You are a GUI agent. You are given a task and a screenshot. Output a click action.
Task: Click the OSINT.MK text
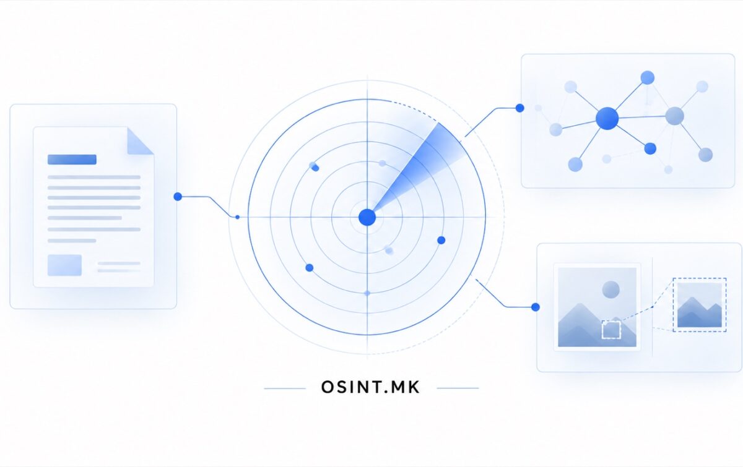coord(370,387)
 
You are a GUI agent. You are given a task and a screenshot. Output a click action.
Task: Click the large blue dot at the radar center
coord(367,218)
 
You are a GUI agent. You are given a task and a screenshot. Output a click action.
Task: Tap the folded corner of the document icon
coord(140,141)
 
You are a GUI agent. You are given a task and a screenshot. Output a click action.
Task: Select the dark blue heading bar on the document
coord(72,160)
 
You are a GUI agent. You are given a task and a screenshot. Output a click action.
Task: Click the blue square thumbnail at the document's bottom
coord(64,265)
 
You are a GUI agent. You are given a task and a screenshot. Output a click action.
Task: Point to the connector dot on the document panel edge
coord(178,197)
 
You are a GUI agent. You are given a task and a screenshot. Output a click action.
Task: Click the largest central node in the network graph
coord(607,118)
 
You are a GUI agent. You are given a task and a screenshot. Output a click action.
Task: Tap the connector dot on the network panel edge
coord(519,108)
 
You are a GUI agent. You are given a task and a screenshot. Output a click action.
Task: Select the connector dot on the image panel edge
coord(536,307)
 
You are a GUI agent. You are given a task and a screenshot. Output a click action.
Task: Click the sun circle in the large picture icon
coord(610,289)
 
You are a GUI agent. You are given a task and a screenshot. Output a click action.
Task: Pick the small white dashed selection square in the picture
coord(611,330)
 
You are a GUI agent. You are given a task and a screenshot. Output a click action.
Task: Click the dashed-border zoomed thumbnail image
coord(700,305)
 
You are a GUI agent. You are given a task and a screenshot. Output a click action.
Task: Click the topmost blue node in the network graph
coord(648,77)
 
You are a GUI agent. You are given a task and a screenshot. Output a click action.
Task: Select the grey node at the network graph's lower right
coord(705,155)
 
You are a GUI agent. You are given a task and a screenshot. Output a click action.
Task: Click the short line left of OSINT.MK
coord(285,388)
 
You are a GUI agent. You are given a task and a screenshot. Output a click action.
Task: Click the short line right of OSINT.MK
coord(458,388)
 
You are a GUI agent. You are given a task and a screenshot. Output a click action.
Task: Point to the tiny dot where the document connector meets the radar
coord(237,217)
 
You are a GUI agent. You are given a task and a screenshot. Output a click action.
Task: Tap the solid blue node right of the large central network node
coord(650,149)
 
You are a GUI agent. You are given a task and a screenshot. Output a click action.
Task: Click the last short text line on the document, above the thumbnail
coord(72,241)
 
